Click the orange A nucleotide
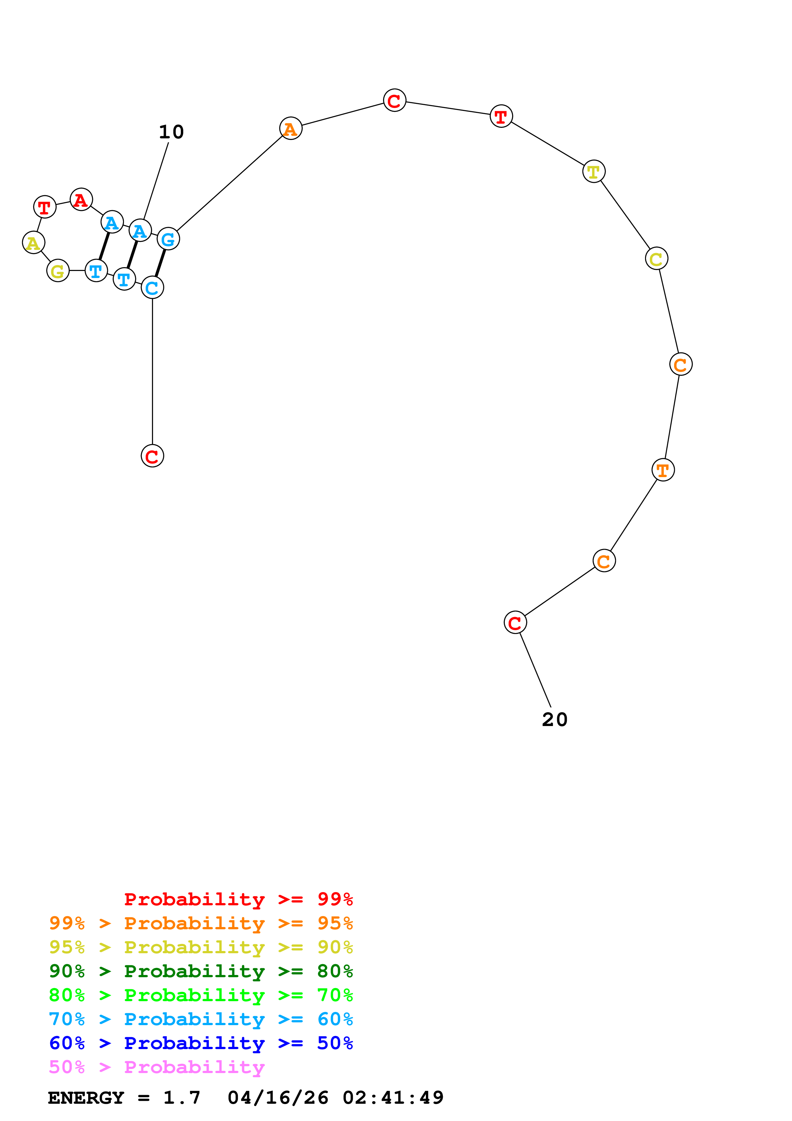290,128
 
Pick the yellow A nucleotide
33,243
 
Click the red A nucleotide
81,200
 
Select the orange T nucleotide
663,470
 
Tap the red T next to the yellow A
44,207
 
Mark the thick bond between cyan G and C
160,263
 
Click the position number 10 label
171,132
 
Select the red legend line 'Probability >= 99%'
238,899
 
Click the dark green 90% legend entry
201,971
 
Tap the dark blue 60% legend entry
201,1043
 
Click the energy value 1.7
181,1098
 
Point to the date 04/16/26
278,1098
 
